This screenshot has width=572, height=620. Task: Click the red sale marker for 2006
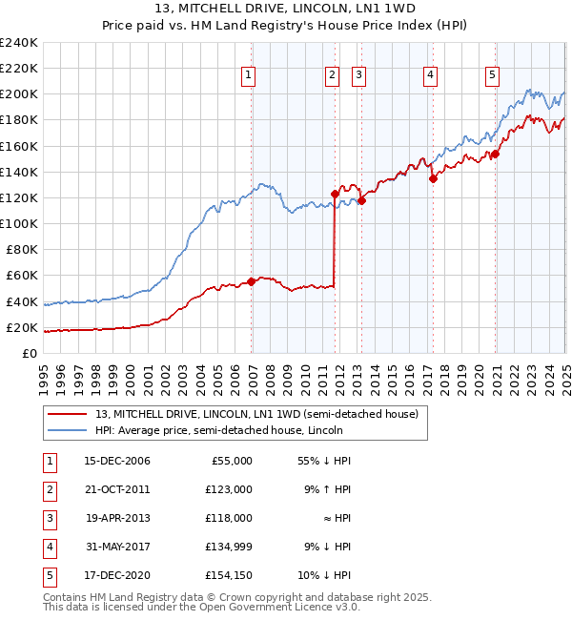[x=252, y=281]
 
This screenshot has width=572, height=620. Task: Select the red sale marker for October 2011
[x=335, y=194]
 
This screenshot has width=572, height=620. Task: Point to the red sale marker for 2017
[x=433, y=177]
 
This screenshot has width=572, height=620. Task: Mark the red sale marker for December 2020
[x=495, y=154]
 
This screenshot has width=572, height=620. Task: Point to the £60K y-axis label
[x=22, y=276]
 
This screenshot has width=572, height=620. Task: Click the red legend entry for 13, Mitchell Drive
[x=256, y=415]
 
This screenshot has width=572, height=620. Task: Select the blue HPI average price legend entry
[x=218, y=430]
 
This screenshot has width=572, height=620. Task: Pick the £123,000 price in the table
[x=230, y=489]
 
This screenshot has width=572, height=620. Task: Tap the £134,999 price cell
[x=230, y=547]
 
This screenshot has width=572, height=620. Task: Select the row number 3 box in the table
[x=48, y=518]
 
